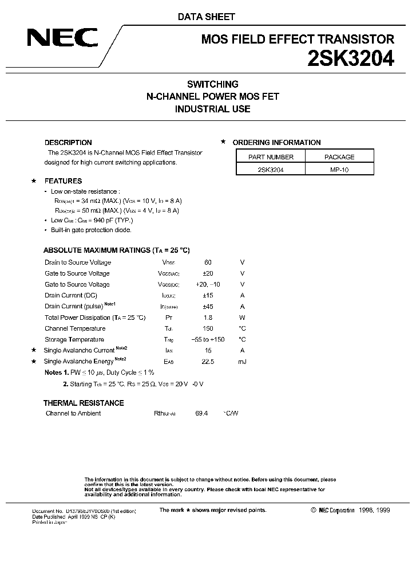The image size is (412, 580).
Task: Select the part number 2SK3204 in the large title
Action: pos(346,59)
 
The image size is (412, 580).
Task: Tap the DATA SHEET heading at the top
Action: pos(206,17)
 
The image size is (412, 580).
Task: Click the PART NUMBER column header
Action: pos(271,156)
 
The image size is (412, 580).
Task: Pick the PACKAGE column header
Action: pos(339,156)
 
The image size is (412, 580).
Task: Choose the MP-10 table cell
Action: pos(339,170)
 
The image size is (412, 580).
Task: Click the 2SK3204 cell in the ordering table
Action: pos(271,170)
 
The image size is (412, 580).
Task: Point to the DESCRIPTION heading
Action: pos(68,143)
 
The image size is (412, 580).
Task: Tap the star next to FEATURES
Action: pos(33,181)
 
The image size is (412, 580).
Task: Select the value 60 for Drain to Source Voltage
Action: pos(208,262)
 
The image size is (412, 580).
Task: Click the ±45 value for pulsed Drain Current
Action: pos(208,307)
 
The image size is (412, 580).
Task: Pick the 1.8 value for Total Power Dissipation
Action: pos(208,318)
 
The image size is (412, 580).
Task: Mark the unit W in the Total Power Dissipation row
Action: pos(242,318)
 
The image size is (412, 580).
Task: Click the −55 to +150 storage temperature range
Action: pos(208,340)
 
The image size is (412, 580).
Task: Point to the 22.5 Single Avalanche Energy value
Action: pos(208,362)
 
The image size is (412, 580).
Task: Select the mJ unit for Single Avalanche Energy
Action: pos(242,362)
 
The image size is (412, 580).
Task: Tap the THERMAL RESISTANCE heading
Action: pos(84,403)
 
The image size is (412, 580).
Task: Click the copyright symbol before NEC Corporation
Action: pos(313,510)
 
